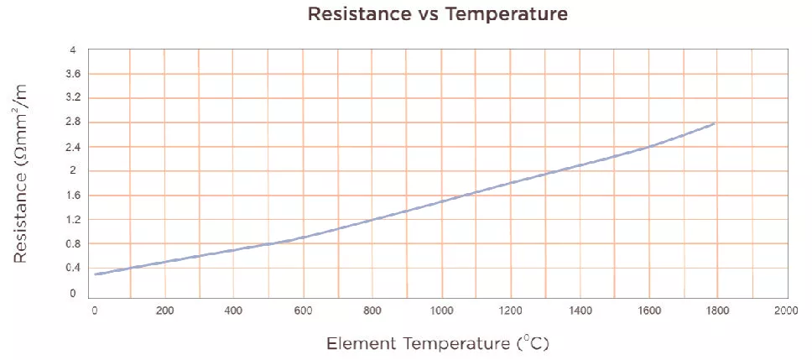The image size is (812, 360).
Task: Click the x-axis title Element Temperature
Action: pos(436,344)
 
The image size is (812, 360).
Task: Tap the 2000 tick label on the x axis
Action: pos(786,311)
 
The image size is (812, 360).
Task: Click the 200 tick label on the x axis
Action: pos(164,311)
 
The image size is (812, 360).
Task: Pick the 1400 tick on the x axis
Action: pos(579,311)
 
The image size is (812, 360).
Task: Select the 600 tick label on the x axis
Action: pos(302,311)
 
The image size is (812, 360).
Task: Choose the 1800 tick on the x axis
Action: pos(717,311)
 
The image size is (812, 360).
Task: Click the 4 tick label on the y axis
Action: pos(73,50)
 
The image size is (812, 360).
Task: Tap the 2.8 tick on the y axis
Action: pos(73,123)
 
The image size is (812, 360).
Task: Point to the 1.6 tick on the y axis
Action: pos(73,196)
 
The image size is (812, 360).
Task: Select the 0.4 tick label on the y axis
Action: pos(73,269)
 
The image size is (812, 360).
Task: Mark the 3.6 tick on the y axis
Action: pos(73,75)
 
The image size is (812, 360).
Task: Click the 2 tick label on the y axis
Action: pos(73,171)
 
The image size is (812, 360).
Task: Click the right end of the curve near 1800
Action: pos(714,124)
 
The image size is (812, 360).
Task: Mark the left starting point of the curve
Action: pos(96,274)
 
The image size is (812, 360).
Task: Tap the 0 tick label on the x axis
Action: pos(95,311)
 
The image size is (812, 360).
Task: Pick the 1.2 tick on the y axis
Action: pos(73,220)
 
